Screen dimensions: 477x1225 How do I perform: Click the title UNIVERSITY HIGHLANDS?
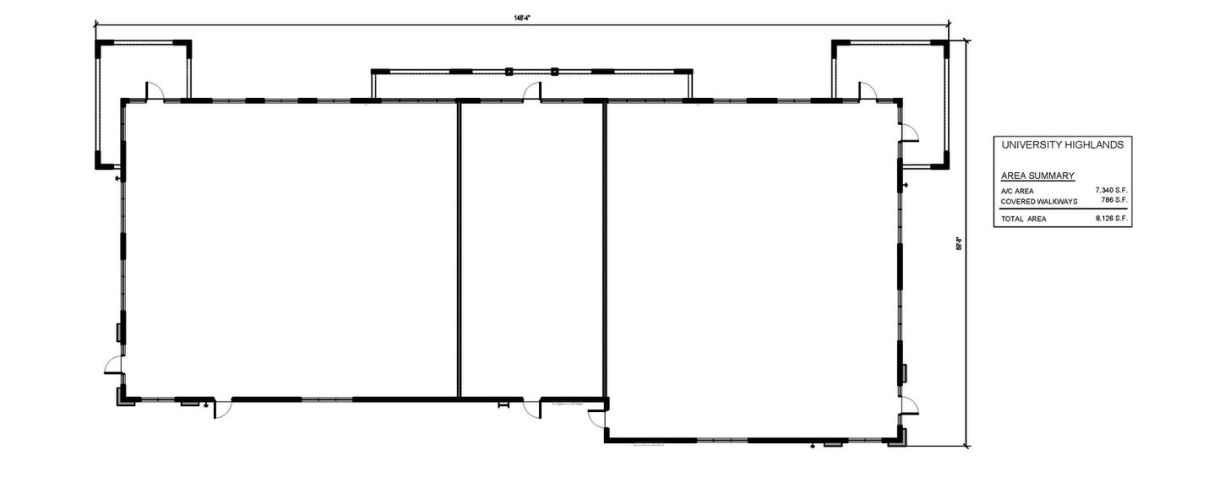click(1062, 145)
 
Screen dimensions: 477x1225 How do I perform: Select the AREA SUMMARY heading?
click(1037, 176)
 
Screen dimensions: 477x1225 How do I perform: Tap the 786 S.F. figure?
click(1113, 201)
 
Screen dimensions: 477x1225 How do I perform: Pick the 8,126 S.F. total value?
click(1111, 219)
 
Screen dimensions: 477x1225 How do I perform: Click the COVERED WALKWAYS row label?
click(1039, 202)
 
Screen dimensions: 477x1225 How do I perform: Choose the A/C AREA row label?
click(1017, 192)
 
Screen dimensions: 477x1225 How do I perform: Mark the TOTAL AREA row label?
click(1023, 219)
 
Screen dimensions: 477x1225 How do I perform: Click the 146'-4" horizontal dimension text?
click(521, 19)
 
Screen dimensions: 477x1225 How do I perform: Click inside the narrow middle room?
click(531, 249)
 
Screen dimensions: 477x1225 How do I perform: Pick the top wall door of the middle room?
click(531, 91)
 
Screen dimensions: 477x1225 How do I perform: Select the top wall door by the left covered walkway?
click(154, 90)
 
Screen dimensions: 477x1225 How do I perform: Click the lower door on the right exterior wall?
click(909, 404)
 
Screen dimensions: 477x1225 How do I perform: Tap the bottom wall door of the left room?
click(222, 409)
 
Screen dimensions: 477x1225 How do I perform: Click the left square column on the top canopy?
click(509, 72)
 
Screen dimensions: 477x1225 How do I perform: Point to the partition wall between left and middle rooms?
click(459, 249)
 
